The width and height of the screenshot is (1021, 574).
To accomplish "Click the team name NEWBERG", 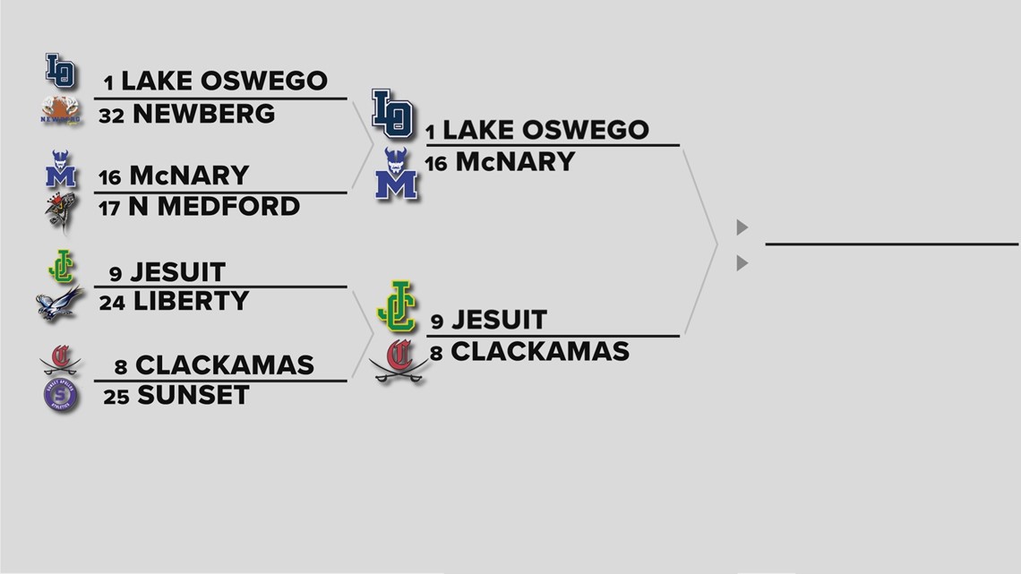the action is point(203,114).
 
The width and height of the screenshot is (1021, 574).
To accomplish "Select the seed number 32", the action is point(111,116).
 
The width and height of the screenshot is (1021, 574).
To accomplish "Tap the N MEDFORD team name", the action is point(214,207).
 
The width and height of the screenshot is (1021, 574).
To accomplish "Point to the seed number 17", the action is point(109,209).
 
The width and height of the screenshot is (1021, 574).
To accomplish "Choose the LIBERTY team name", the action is point(191,301).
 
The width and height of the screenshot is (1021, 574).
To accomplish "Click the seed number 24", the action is point(112,303).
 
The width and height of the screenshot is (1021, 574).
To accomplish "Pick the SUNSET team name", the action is point(193,395).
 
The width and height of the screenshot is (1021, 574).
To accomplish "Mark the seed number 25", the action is point(116,397).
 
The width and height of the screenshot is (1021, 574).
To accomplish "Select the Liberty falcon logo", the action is point(59,304).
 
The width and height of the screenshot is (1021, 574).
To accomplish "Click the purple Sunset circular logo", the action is point(61,395).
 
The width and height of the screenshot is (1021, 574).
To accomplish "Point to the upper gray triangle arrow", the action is point(742,227).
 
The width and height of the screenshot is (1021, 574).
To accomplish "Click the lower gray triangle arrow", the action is point(742,263).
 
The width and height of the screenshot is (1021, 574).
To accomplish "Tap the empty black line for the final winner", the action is point(891,244).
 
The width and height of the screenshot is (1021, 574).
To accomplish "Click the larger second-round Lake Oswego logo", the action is point(392,114).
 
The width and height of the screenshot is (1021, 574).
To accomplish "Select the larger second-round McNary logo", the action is point(396,174).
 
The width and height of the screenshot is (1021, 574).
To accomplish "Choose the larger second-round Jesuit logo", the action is point(398,306).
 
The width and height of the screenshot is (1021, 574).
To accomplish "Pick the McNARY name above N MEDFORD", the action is point(190,176).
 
